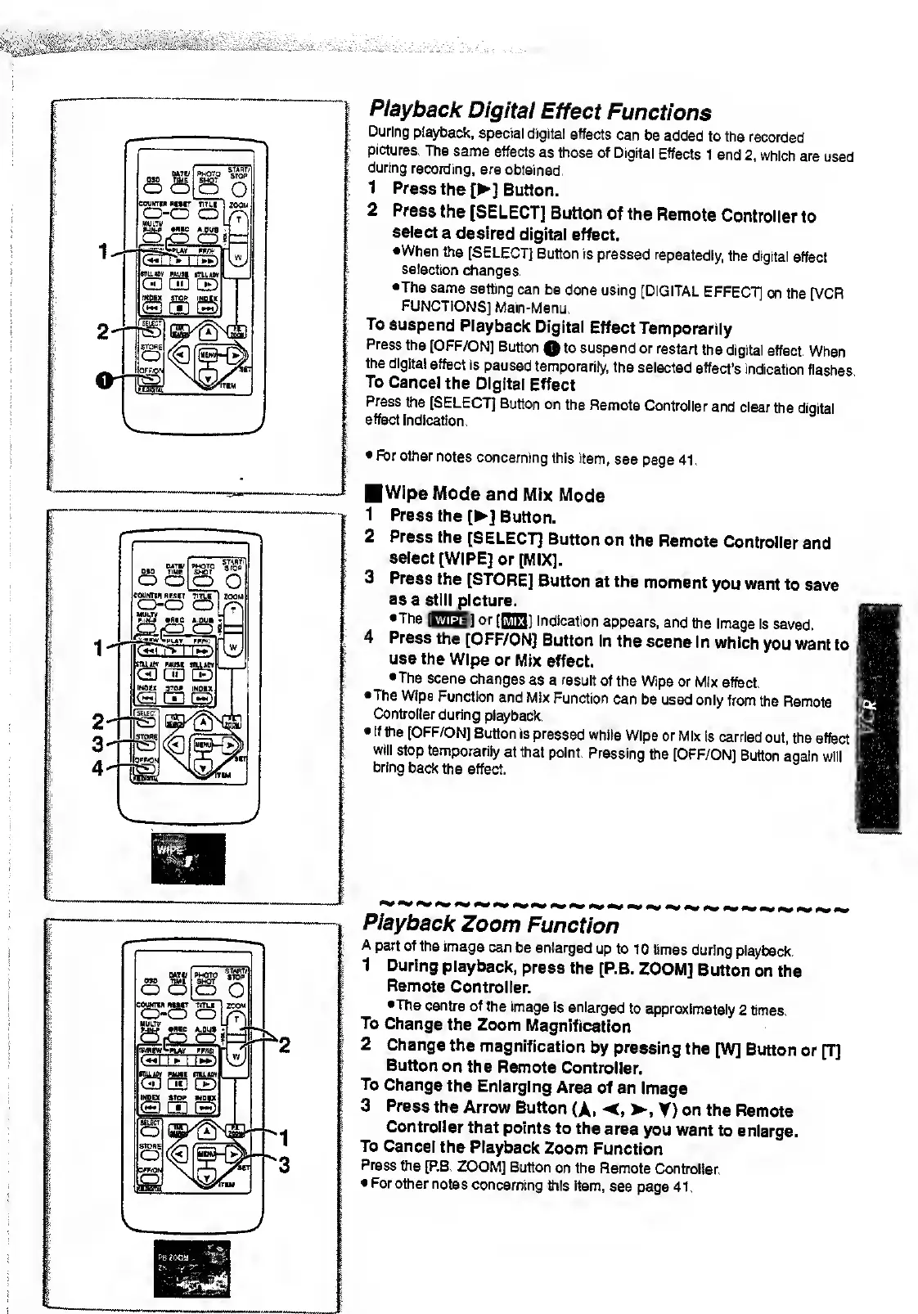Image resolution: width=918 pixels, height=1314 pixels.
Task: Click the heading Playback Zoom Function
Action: tap(491, 925)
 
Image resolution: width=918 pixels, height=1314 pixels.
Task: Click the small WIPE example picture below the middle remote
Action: tap(187, 859)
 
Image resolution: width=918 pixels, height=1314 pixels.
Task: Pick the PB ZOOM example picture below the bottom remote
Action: tap(191, 1268)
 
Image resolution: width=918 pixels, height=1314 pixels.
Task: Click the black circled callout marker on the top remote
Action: tap(102, 378)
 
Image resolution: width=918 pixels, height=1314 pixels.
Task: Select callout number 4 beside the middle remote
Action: tap(98, 768)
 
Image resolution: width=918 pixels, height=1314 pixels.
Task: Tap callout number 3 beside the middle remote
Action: tap(98, 744)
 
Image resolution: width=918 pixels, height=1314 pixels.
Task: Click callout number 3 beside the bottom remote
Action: tap(284, 1164)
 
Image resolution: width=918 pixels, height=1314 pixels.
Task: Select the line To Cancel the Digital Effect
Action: tap(470, 384)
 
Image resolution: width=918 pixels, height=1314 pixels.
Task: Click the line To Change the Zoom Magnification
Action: tap(496, 1025)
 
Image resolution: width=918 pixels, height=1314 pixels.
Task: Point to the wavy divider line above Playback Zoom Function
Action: tap(605, 906)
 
